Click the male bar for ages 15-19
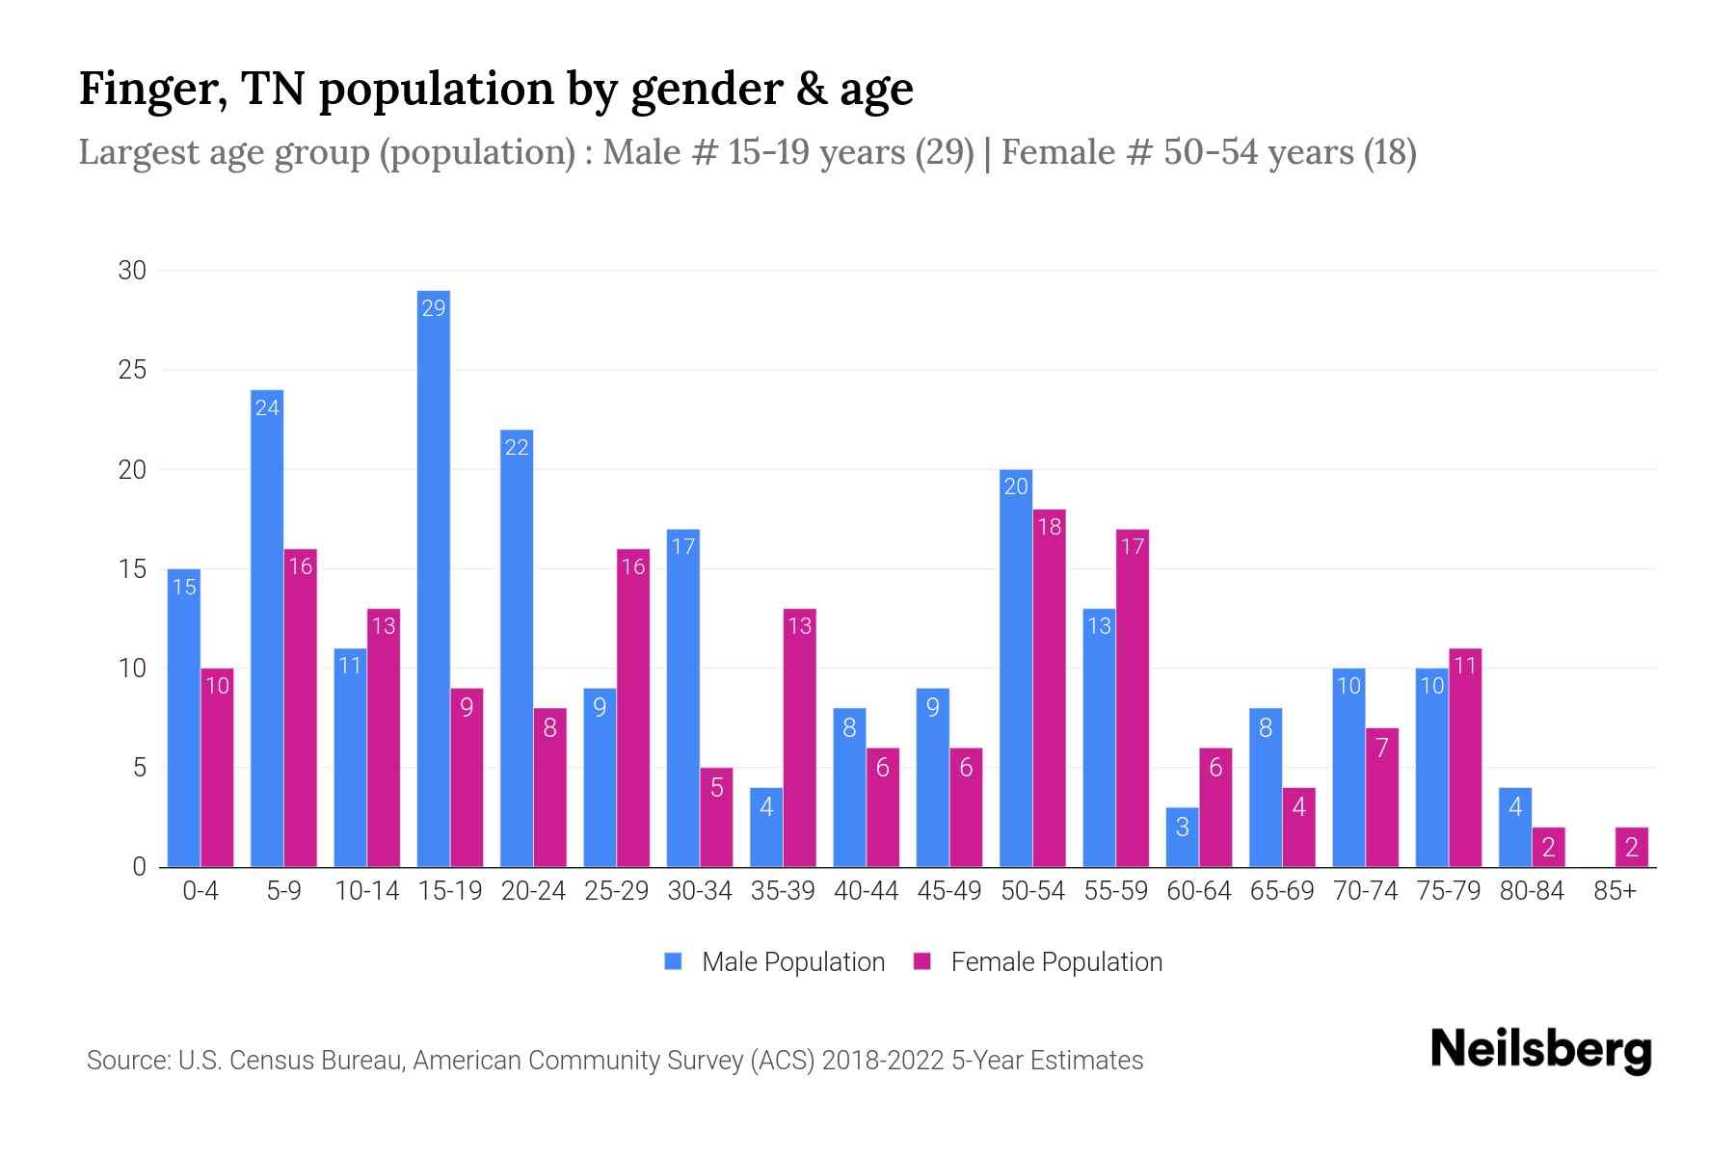tap(434, 578)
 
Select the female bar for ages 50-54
tap(1049, 688)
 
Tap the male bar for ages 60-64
tap(1182, 837)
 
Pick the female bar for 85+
tap(1631, 847)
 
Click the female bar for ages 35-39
tap(799, 738)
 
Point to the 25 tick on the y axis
tap(132, 370)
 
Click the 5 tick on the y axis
tap(140, 768)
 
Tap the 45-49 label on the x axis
tap(948, 891)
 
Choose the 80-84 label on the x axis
tap(1532, 891)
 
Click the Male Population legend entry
tap(775, 961)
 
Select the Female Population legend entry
tap(1038, 961)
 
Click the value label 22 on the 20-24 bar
tap(517, 448)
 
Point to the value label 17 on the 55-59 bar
tap(1132, 547)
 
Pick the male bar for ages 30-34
tap(682, 698)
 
